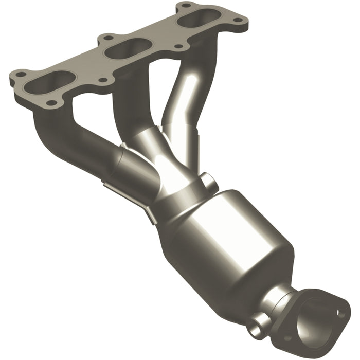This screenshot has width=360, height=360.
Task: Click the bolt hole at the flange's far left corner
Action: click(20, 75)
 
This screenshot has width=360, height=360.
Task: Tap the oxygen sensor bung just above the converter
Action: click(208, 181)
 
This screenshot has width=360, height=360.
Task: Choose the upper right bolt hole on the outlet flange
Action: click(340, 312)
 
